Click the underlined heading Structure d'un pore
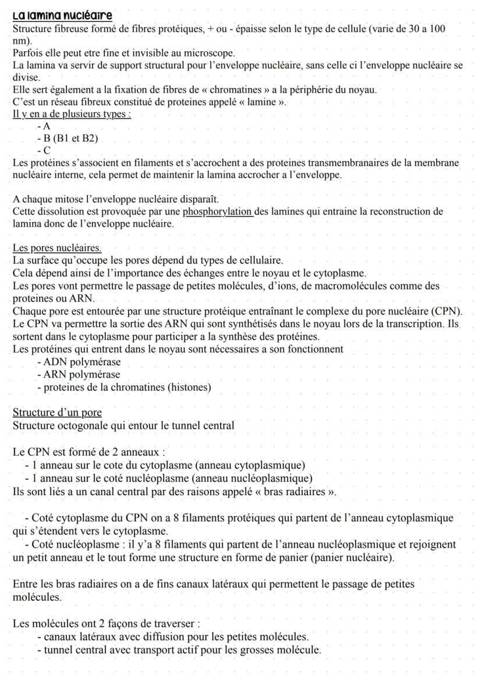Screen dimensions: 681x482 [57, 412]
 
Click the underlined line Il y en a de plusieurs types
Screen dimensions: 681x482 [72, 114]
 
